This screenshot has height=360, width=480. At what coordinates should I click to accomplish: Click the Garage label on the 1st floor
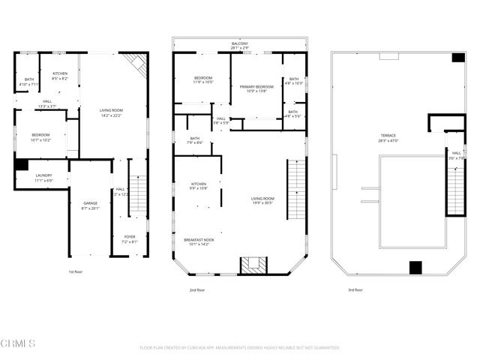coord(90,206)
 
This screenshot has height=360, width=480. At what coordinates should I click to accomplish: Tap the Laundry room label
coord(43,178)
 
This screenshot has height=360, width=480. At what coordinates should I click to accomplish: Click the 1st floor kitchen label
coord(60,76)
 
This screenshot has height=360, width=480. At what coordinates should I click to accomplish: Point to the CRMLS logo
coord(19,344)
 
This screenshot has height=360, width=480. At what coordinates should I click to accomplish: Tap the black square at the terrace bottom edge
coord(415,268)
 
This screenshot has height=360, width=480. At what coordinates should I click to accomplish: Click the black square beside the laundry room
coord(21,164)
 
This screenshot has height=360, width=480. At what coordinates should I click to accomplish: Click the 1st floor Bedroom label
coord(40,138)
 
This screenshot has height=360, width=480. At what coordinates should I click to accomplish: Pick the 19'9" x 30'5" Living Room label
coord(262,200)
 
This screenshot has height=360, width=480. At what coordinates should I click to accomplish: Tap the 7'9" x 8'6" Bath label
coord(195,140)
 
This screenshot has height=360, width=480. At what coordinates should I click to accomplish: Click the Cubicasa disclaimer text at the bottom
coord(240,348)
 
